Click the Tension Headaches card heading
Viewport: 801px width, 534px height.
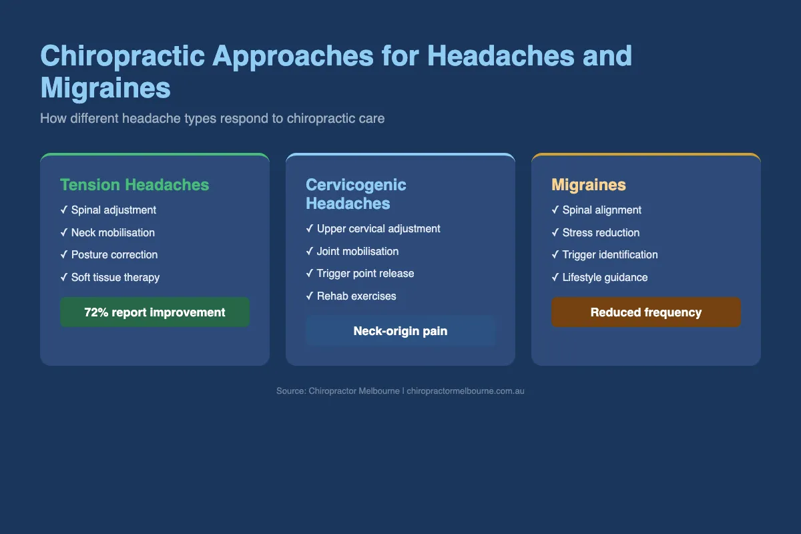coord(134,185)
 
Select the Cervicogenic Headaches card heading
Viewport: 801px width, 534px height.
coord(356,194)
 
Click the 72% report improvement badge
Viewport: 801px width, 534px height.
coord(155,312)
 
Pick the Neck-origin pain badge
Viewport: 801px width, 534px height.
coord(400,331)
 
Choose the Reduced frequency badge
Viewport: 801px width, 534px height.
coord(646,312)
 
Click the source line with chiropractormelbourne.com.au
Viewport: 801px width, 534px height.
coord(400,391)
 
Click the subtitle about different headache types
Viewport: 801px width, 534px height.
coord(212,119)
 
